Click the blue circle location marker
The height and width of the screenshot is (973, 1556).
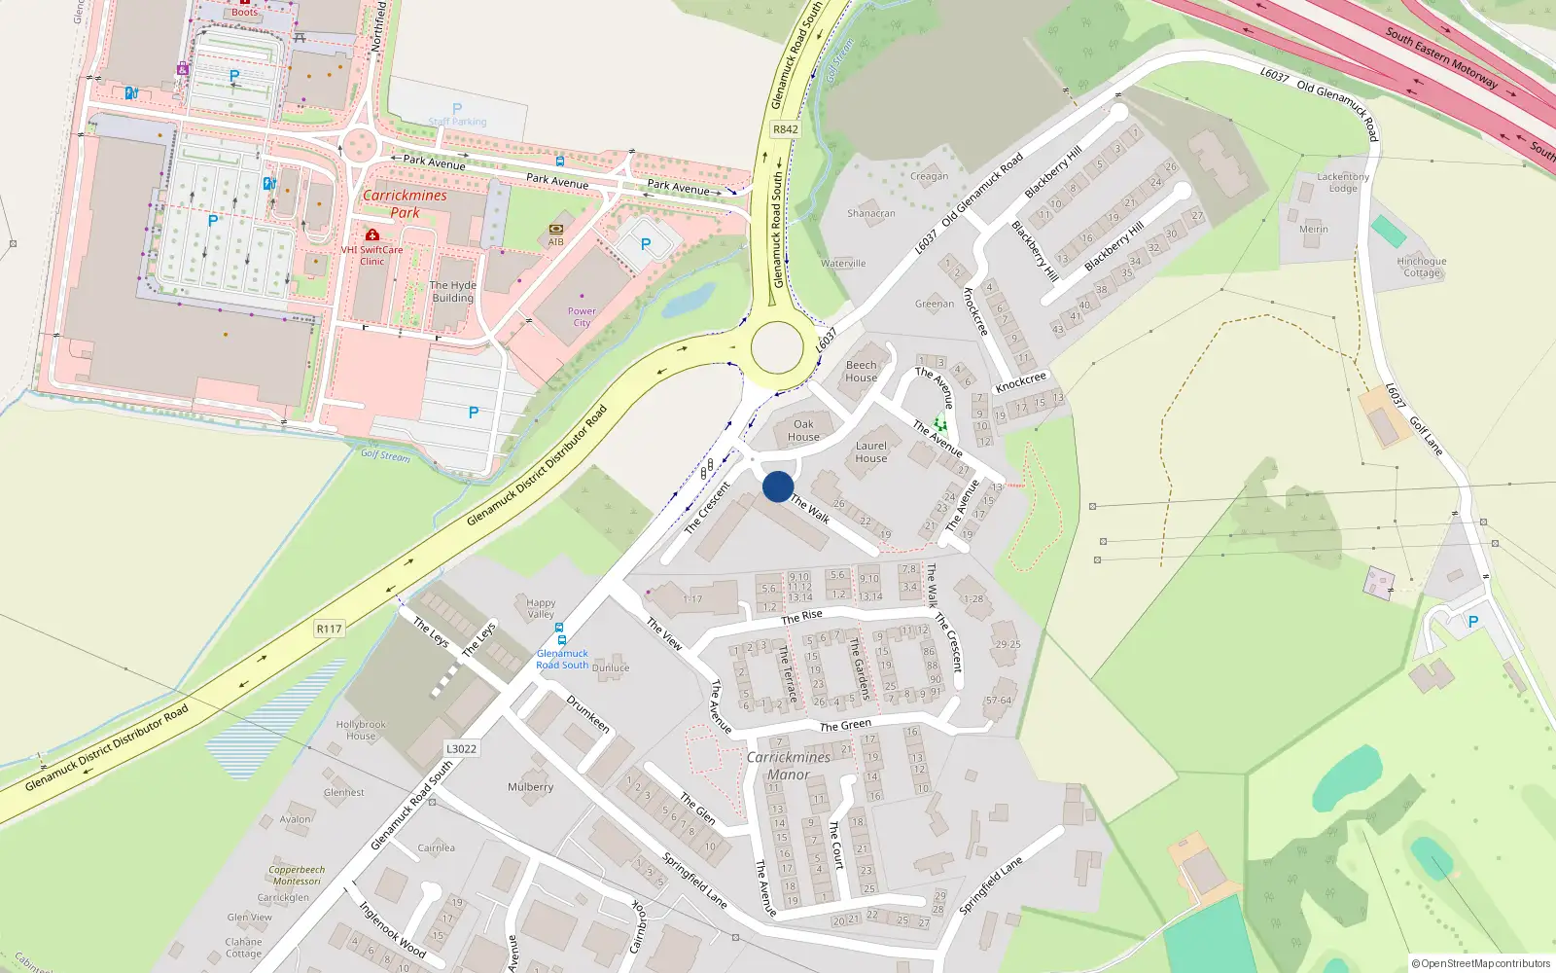778,486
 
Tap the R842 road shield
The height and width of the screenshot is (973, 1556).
785,129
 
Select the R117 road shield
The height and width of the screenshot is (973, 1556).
330,629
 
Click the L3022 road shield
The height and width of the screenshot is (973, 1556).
461,748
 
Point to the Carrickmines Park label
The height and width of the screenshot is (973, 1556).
405,203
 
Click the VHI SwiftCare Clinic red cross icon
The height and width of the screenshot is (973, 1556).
371,234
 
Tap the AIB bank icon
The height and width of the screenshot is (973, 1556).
556,230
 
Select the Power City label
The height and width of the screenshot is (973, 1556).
582,317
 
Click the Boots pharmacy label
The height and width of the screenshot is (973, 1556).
245,12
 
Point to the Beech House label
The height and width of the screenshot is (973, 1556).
861,372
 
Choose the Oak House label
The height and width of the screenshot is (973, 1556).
803,430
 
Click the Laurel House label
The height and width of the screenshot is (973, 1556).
871,451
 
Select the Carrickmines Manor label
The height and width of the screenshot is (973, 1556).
789,766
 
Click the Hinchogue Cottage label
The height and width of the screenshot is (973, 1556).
1422,267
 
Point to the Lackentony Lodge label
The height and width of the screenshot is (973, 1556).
1343,182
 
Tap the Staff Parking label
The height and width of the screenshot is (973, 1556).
457,122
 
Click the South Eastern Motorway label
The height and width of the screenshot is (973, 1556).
1441,57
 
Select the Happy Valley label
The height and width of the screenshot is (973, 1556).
541,608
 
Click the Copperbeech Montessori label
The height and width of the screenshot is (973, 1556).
297,875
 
